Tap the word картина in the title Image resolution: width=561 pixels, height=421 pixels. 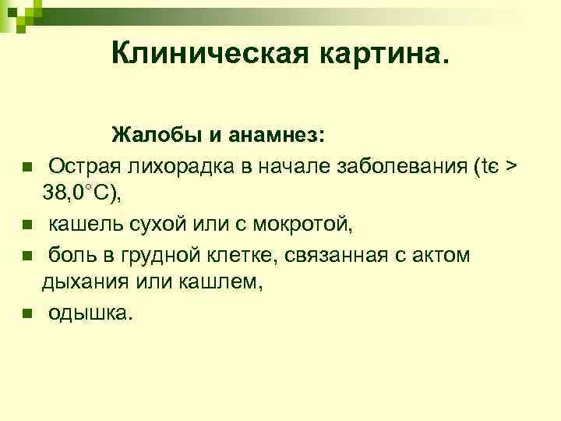click(379, 53)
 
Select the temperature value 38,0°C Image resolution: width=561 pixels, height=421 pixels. click(82, 195)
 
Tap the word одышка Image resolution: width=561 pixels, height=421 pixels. click(91, 313)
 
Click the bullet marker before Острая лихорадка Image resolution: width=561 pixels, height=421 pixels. click(26, 167)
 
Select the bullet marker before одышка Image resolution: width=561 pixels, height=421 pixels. click(26, 314)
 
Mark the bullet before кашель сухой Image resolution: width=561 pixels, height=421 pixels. click(26, 226)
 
